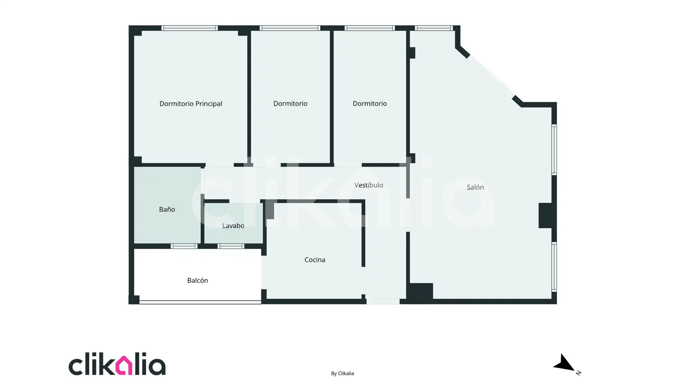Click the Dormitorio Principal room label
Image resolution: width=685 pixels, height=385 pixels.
pos(191,104)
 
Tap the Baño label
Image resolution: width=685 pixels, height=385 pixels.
pos(167,209)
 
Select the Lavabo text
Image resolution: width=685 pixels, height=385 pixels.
pos(233,226)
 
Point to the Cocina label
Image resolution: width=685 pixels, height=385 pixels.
pos(315,260)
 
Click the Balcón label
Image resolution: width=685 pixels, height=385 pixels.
pos(197,281)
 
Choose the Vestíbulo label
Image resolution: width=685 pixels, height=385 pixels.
pos(369,185)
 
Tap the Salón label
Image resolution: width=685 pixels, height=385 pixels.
pos(475,187)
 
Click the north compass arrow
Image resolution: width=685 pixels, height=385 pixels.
pos(564,363)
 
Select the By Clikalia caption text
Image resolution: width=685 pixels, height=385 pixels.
pos(342,373)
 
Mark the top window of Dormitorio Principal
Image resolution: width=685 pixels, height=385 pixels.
pos(189,28)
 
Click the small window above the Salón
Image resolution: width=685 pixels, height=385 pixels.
pos(434,28)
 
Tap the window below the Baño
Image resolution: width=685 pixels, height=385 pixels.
pos(184,246)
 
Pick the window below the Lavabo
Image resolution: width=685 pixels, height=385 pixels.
pos(231,246)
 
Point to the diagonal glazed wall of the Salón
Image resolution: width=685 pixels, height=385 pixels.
pos(491,76)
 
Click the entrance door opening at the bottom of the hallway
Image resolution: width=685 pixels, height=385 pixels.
pos(383,302)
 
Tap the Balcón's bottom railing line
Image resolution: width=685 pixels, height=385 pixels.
pos(200,302)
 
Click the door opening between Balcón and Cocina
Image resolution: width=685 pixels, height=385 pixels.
pos(264,272)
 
